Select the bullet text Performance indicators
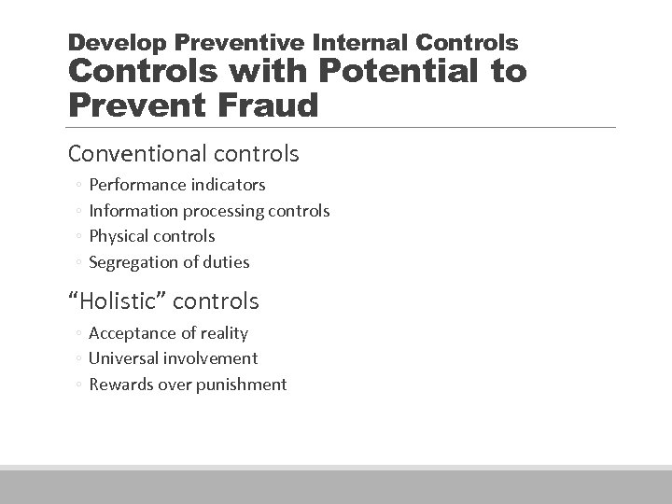[176, 185]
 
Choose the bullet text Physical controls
[151, 236]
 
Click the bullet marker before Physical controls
[80, 237]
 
